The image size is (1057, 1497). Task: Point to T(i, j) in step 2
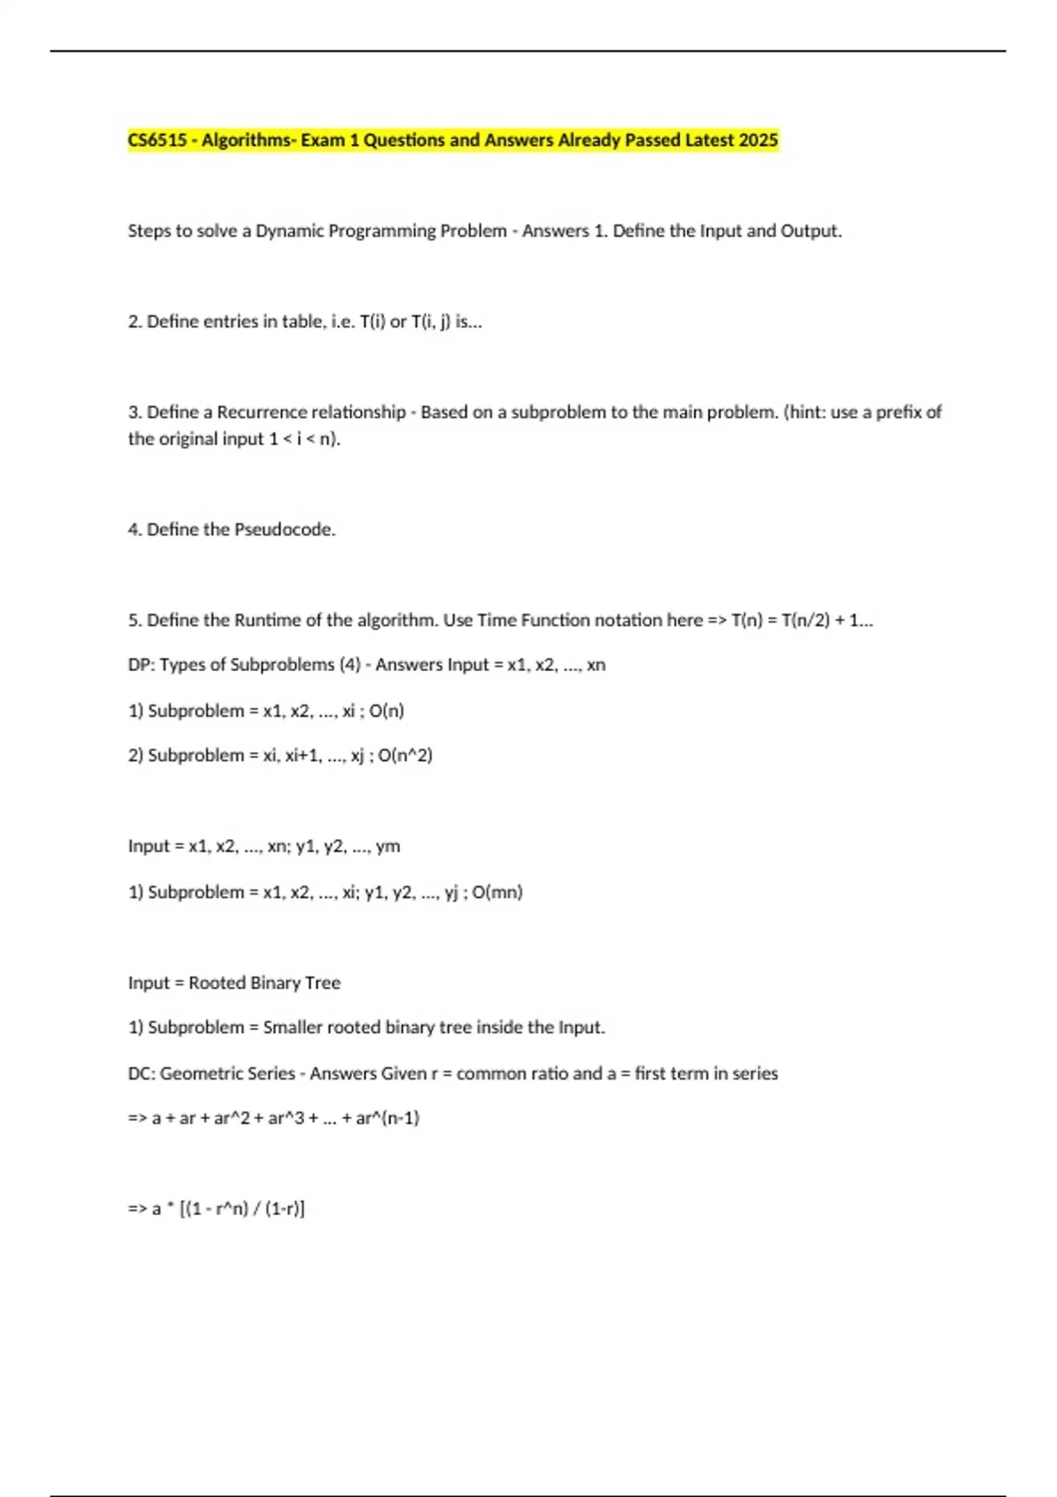431,321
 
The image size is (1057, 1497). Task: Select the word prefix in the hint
899,412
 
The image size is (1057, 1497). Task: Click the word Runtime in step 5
267,620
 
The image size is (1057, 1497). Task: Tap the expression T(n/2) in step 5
805,620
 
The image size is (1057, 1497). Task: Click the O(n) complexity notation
387,711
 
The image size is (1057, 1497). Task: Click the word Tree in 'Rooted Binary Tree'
322,983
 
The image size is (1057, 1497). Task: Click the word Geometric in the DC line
227,1073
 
